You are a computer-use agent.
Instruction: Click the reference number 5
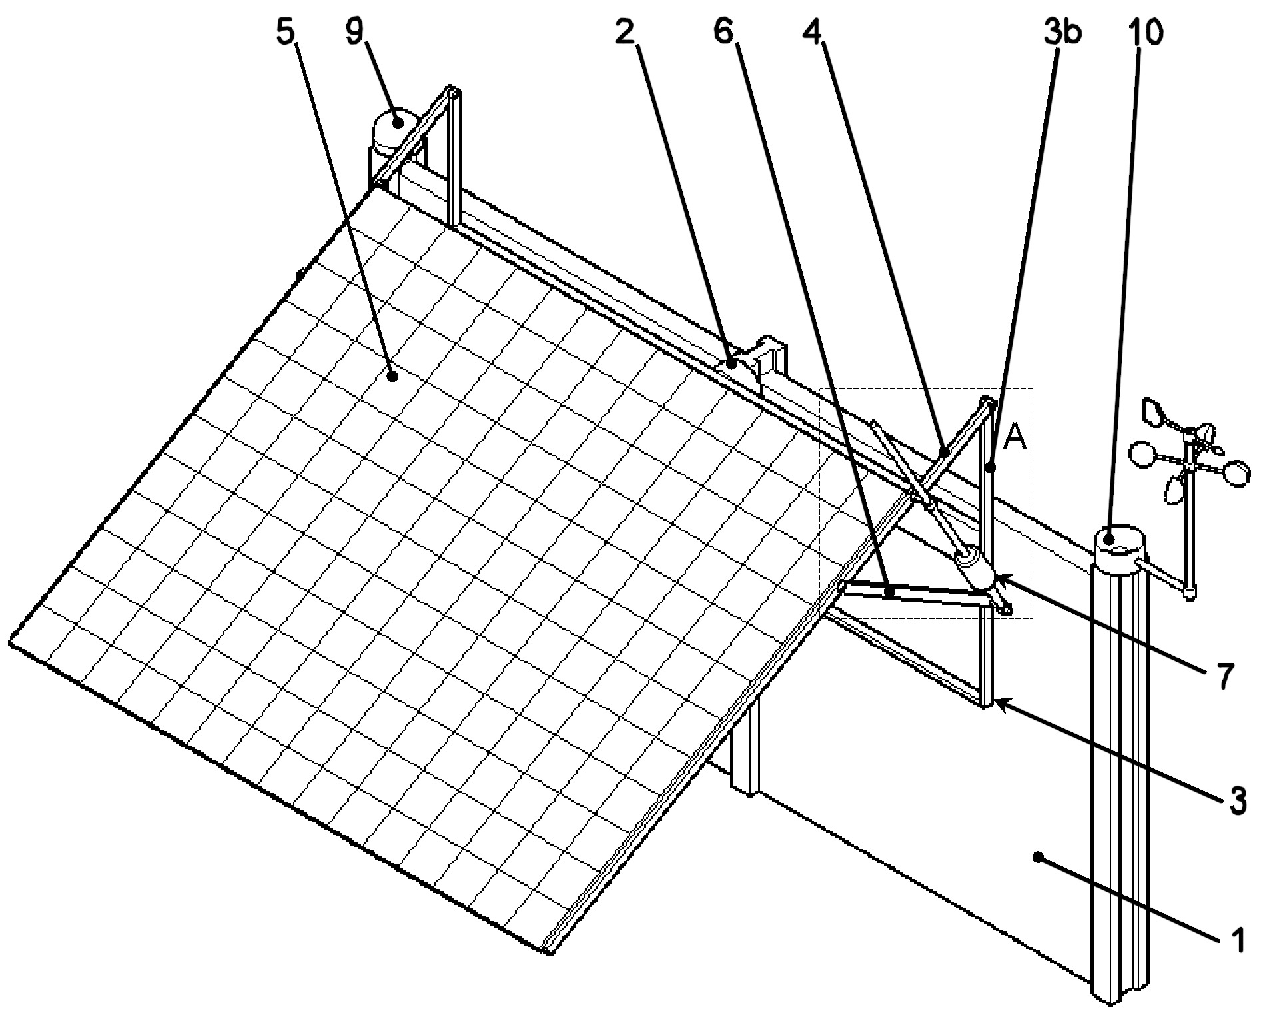285,32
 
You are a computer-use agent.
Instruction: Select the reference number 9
354,32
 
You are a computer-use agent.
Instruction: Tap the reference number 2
624,32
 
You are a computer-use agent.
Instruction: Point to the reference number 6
724,32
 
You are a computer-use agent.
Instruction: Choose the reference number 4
813,32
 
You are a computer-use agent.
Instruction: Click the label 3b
1062,32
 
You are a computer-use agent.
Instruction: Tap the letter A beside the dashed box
1014,437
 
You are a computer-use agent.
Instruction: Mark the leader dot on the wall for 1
1037,857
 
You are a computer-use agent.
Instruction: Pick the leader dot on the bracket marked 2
731,363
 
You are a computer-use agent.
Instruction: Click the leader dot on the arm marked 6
889,591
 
